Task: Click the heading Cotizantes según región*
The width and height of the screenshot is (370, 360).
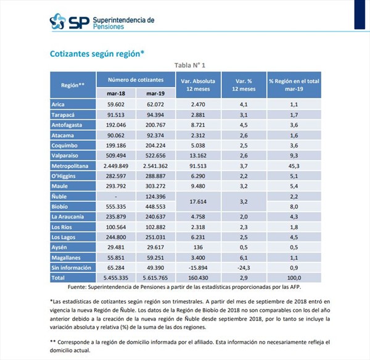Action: click(x=97, y=54)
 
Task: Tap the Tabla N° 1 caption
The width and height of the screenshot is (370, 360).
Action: click(x=186, y=65)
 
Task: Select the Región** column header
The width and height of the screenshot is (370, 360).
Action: click(x=73, y=84)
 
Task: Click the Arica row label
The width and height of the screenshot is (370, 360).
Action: click(x=59, y=104)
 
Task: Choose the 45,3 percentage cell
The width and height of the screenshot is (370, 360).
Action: click(x=294, y=166)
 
